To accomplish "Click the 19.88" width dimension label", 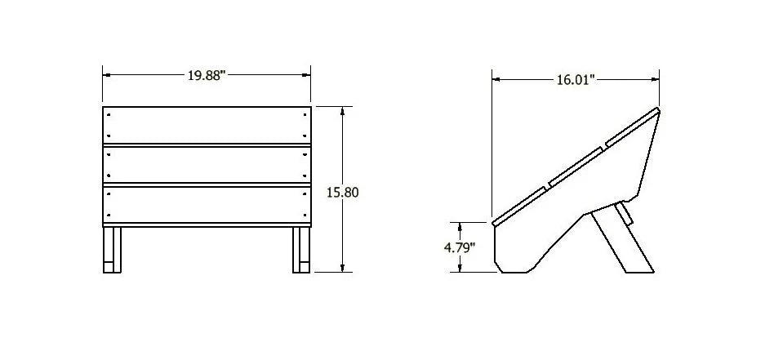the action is tap(207, 76).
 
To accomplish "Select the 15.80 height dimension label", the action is tap(343, 192).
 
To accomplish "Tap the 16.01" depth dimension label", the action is tap(576, 80).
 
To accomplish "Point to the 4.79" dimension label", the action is tap(460, 247).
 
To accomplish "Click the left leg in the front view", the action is tap(112, 250).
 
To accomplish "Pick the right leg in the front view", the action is tap(301, 250).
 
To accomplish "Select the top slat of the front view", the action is tap(207, 125).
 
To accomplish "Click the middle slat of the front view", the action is tap(207, 165).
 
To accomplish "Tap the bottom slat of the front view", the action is tap(207, 205).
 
